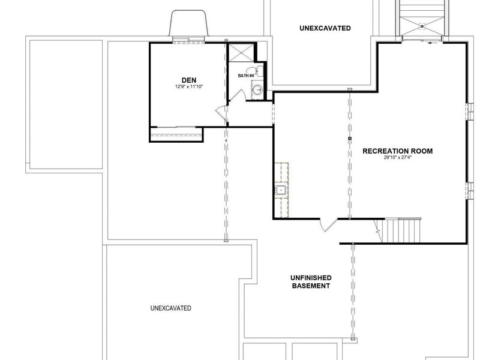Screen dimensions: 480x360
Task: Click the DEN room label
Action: [x=189, y=80]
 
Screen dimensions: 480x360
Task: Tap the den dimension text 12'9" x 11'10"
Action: [x=189, y=86]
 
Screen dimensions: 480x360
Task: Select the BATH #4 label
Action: [x=246, y=76]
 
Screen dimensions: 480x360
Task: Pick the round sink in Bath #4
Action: [x=258, y=89]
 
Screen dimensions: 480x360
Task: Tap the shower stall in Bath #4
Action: [x=242, y=53]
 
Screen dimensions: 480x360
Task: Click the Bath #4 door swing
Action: [x=237, y=95]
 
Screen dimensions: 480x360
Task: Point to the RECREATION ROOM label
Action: [x=398, y=151]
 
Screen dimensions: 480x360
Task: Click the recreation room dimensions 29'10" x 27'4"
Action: [x=398, y=158]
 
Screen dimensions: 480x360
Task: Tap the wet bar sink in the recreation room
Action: [x=280, y=190]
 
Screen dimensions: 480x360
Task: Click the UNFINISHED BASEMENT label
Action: [x=311, y=282]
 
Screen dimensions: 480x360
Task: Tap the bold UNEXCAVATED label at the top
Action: [x=325, y=28]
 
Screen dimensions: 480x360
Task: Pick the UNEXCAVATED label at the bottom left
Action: [x=171, y=308]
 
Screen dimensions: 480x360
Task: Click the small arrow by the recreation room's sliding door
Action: [x=432, y=43]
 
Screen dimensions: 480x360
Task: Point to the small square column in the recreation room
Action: [x=350, y=139]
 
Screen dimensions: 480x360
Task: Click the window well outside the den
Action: [x=188, y=23]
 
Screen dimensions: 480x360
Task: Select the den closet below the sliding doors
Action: [x=176, y=134]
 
